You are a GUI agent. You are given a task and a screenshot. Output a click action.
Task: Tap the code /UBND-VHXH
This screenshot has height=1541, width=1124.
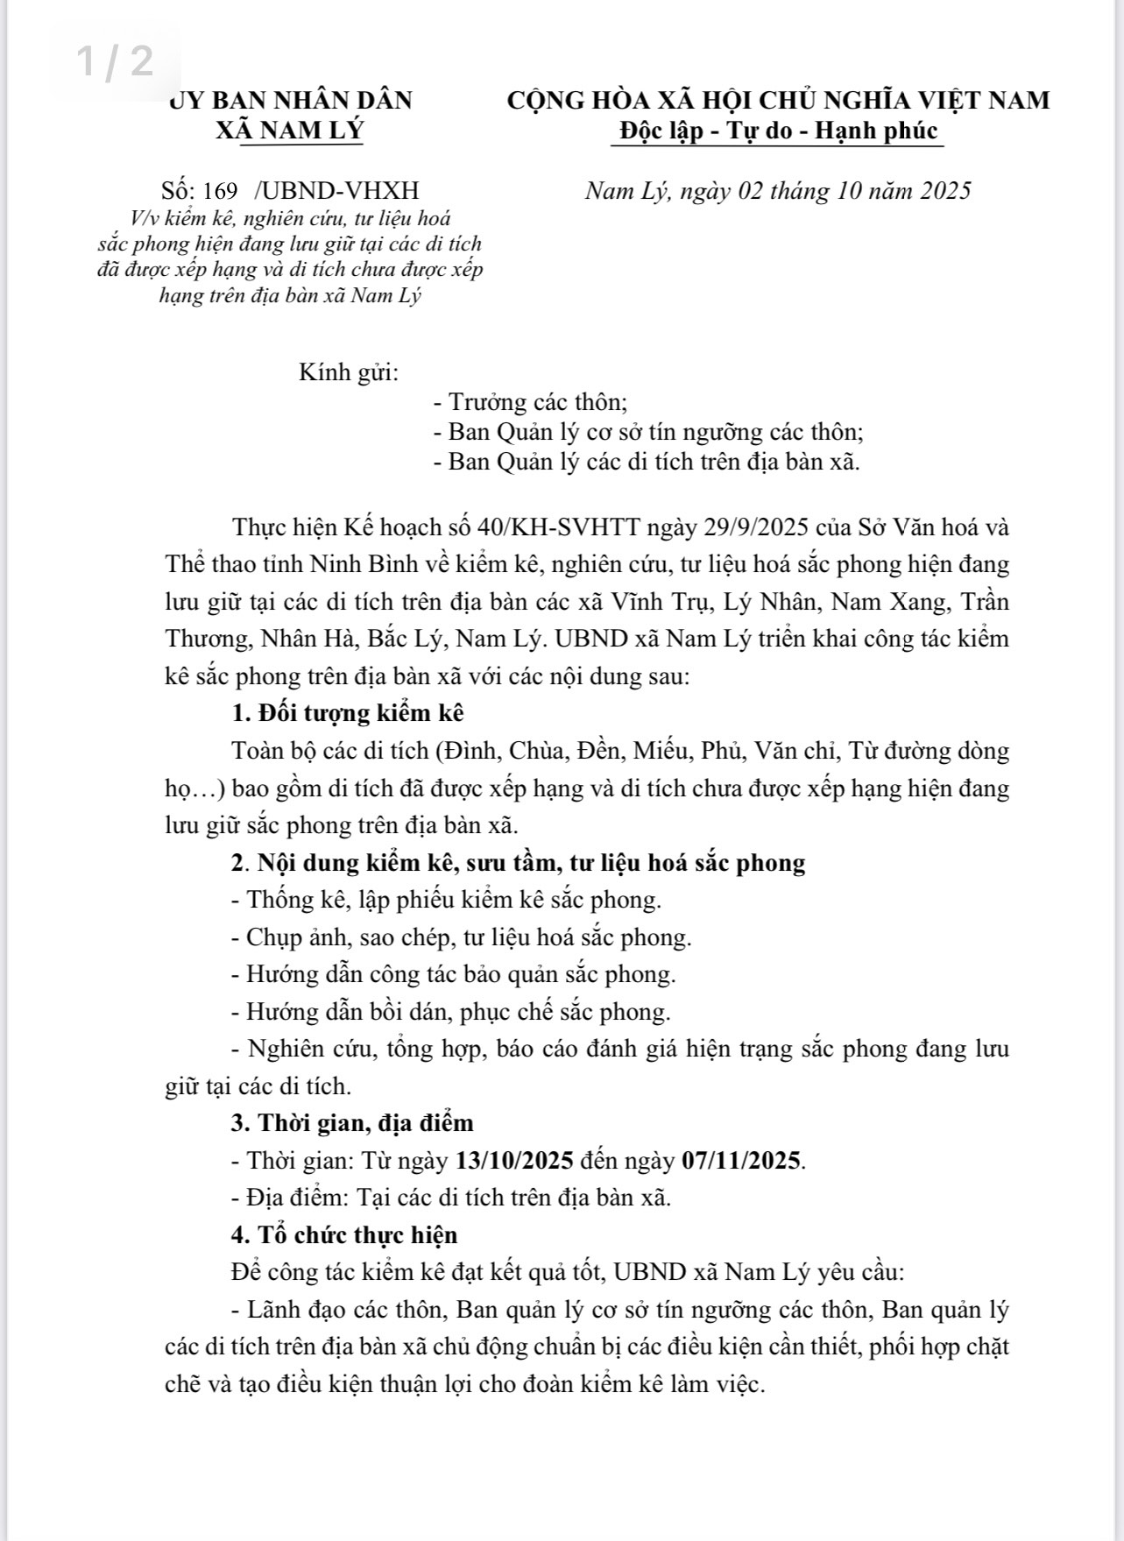(336, 190)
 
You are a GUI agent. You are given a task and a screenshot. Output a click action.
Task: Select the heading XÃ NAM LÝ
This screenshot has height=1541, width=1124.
(289, 131)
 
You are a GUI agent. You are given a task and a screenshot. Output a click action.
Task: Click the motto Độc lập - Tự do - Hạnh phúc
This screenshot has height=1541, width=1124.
(778, 131)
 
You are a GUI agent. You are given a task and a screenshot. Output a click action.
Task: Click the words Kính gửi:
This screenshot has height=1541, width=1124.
(349, 372)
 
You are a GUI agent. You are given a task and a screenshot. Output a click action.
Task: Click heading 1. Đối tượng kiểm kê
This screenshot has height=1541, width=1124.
(347, 712)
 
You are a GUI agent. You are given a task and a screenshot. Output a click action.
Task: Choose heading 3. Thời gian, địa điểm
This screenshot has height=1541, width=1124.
(352, 1122)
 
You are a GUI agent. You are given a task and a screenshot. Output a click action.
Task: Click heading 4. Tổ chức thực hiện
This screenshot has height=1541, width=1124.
(344, 1235)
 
